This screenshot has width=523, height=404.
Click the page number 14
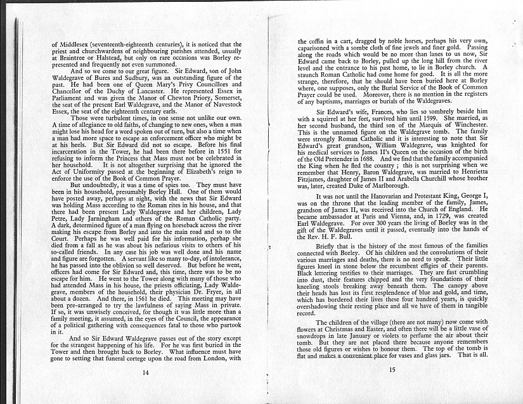pos(146,372)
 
